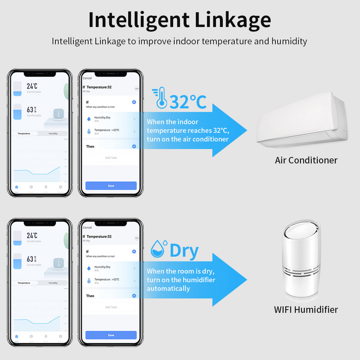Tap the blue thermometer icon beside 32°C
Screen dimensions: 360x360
pyautogui.click(x=160, y=98)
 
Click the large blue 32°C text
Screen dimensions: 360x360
pyautogui.click(x=188, y=102)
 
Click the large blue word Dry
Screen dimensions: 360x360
pyautogui.click(x=184, y=251)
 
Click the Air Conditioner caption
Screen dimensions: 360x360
pyautogui.click(x=306, y=160)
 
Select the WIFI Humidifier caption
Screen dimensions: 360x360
pyautogui.click(x=306, y=310)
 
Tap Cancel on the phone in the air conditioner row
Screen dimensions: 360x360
pyautogui.click(x=87, y=78)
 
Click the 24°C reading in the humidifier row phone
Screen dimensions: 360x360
pyautogui.click(x=32, y=235)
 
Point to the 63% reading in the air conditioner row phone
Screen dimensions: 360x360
pyautogui.click(x=31, y=109)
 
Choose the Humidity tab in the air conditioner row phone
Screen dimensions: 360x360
pyautogui.click(x=53, y=134)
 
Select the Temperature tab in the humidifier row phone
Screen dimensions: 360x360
pyautogui.click(x=24, y=283)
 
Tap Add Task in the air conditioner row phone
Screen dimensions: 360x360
pyautogui.click(x=111, y=158)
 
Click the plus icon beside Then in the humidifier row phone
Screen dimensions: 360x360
pyautogui.click(x=134, y=296)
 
